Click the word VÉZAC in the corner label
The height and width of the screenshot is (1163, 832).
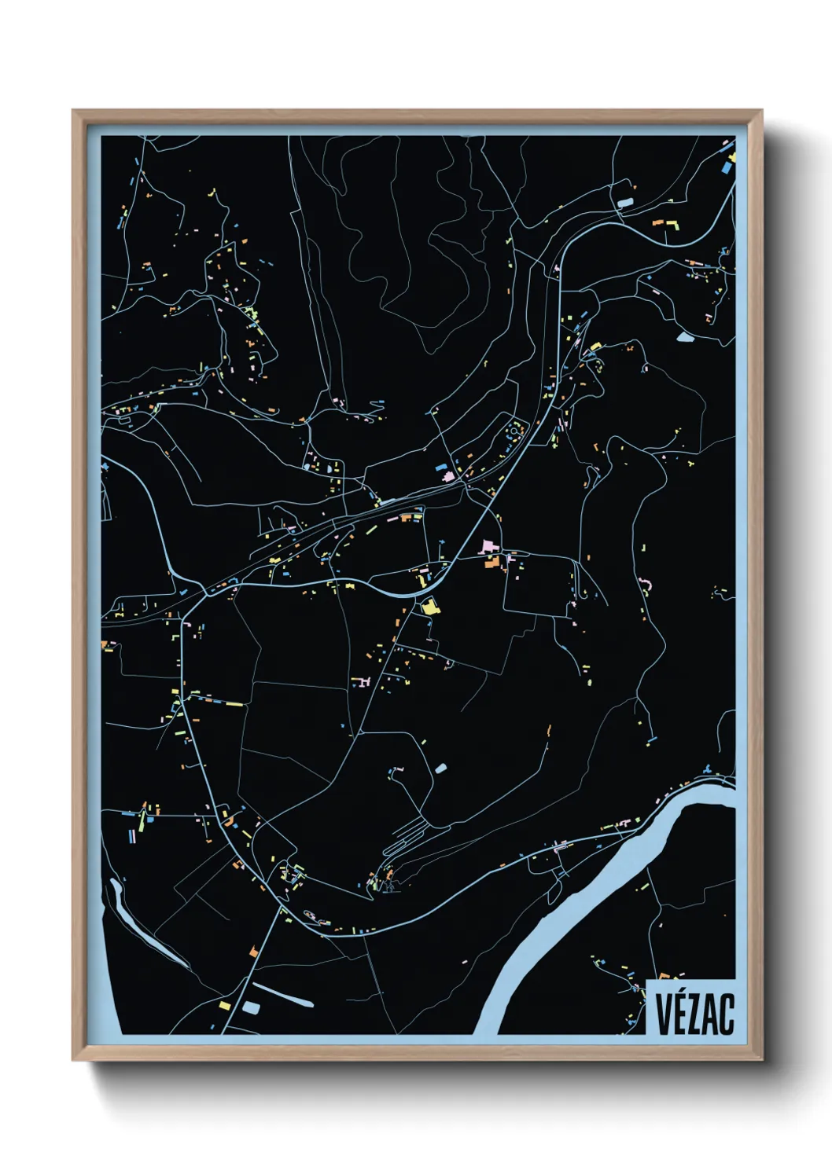click(694, 1014)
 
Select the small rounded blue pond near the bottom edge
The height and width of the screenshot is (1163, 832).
click(251, 1007)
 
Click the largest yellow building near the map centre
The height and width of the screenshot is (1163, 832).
click(429, 606)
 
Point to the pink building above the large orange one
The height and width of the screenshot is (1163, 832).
click(488, 546)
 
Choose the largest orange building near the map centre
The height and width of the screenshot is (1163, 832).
click(492, 561)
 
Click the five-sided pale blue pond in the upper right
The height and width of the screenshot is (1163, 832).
click(685, 337)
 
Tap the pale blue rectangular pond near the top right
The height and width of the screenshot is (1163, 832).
click(625, 203)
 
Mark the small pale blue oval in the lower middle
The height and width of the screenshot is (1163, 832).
click(440, 768)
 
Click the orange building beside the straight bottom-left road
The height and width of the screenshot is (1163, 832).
click(253, 952)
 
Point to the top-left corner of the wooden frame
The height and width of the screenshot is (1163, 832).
click(74, 112)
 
